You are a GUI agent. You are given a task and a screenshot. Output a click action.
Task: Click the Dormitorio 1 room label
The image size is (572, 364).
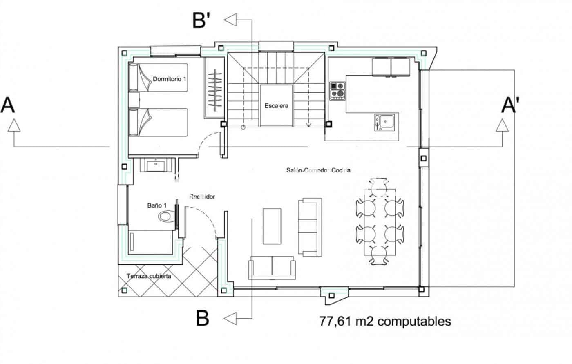point(170,78)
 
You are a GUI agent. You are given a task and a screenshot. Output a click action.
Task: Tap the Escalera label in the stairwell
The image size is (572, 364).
point(276,106)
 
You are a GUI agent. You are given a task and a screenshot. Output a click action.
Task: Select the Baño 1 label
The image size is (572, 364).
point(157,205)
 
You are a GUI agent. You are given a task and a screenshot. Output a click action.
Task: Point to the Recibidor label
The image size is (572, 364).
point(202,197)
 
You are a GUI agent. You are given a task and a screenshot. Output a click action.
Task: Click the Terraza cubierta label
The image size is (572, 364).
point(149,276)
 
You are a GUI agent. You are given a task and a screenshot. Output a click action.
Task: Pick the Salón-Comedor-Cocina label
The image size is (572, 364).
point(318,170)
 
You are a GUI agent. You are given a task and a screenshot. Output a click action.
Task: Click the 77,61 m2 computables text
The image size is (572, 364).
point(385,321)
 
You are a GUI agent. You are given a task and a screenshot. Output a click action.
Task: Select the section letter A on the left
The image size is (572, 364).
point(8,105)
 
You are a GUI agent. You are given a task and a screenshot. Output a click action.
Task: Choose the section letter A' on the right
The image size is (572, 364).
point(510,105)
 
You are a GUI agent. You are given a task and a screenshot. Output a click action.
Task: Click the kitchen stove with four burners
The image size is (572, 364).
point(337,90)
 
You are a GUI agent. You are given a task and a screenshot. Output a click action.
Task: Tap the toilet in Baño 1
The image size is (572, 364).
point(166,216)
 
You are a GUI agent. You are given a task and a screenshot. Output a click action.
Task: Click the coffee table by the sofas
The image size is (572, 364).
point(272,226)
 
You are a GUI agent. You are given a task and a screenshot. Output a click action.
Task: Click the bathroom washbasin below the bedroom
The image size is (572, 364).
point(157,165)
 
